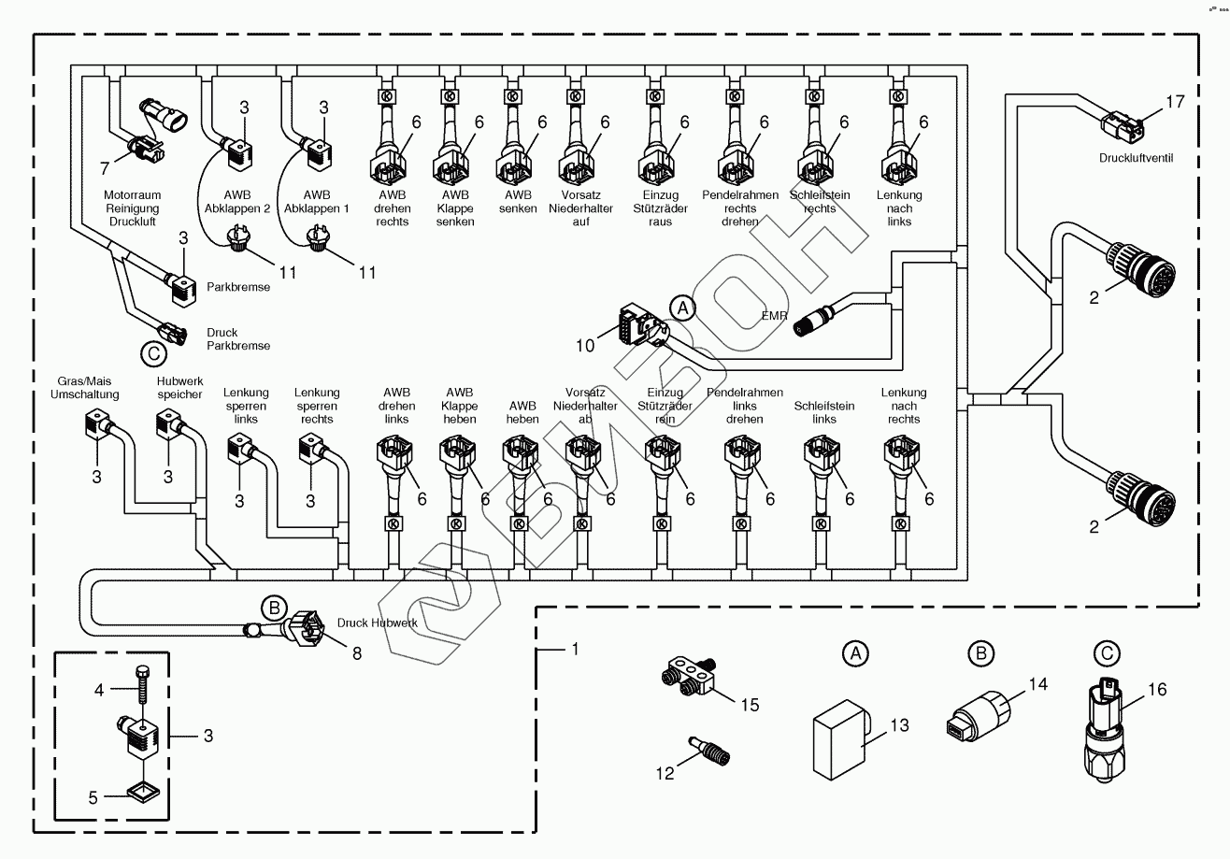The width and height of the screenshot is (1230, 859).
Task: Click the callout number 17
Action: [x=1175, y=102]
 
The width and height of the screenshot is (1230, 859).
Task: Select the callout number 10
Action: [x=584, y=346]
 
